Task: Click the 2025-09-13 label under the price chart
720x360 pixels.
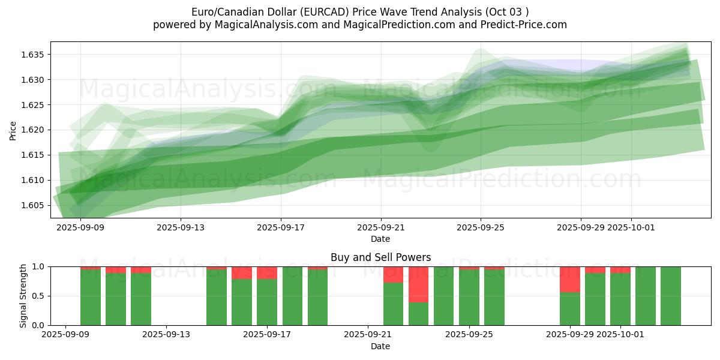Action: coord(181,227)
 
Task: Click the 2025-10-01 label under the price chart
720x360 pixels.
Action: coord(631,227)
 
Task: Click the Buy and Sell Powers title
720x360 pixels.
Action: coord(380,257)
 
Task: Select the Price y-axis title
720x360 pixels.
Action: coord(13,130)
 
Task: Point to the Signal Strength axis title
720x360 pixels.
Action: coord(23,296)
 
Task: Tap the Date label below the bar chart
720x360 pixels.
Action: coord(380,346)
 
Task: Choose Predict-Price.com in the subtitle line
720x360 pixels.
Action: coord(528,25)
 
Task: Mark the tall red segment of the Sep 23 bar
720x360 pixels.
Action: coord(418,284)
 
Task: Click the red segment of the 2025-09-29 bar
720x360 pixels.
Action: coord(569,279)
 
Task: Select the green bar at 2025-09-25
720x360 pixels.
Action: coord(469,297)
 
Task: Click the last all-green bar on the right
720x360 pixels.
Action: coord(671,296)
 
